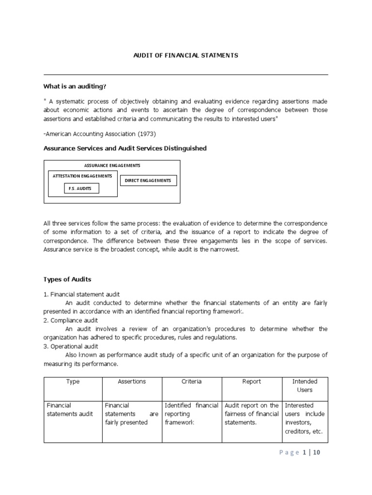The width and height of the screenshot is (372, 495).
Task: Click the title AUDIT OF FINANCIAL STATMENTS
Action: click(x=186, y=56)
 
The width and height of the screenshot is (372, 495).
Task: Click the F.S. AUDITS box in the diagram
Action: click(x=81, y=189)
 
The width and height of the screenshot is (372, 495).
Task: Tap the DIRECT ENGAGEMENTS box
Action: click(x=148, y=180)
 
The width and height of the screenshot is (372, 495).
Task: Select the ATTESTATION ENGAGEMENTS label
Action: click(x=82, y=176)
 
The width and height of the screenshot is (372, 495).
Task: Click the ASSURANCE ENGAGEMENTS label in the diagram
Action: click(x=112, y=165)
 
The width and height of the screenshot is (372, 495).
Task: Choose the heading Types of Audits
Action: click(x=67, y=279)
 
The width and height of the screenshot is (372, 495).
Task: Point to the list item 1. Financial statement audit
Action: click(x=82, y=294)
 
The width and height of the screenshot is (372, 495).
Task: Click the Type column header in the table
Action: click(x=73, y=381)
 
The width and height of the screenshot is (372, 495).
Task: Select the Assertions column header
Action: click(x=132, y=381)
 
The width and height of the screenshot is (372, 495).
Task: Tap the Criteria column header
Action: click(x=192, y=381)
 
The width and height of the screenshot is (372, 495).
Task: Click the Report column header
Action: click(x=251, y=381)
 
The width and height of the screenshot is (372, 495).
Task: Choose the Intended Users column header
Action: click(x=305, y=385)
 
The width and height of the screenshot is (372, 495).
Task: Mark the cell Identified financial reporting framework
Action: click(x=191, y=414)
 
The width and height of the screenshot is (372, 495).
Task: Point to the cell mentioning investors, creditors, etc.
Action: click(x=305, y=419)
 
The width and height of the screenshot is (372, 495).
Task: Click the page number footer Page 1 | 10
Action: click(x=299, y=453)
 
